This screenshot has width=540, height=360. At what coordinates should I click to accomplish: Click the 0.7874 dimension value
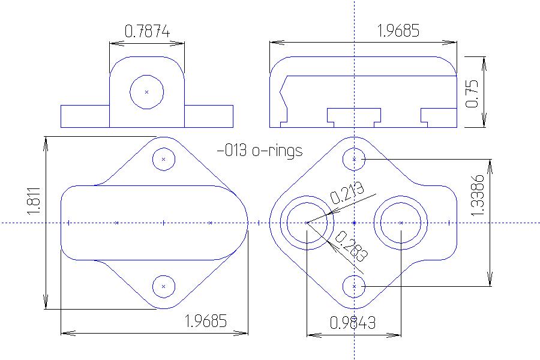[x=146, y=30]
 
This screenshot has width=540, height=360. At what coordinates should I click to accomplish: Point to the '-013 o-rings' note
[x=259, y=151]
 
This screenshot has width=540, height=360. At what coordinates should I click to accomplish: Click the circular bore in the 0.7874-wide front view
[x=147, y=92]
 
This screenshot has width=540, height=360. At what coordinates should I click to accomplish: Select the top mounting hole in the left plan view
[x=163, y=160]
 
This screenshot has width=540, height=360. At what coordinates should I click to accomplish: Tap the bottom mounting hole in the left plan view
[x=163, y=287]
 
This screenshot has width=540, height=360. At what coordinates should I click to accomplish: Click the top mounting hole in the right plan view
[x=355, y=159]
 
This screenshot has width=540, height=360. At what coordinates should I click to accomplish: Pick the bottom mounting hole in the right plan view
[x=355, y=287]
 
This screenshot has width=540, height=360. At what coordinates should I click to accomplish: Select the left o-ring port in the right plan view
[x=307, y=223]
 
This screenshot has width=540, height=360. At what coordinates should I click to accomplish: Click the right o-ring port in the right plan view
[x=401, y=223]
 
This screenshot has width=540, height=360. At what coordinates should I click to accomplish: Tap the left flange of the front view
[x=85, y=116]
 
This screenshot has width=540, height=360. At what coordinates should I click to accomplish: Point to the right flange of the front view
[x=209, y=116]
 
